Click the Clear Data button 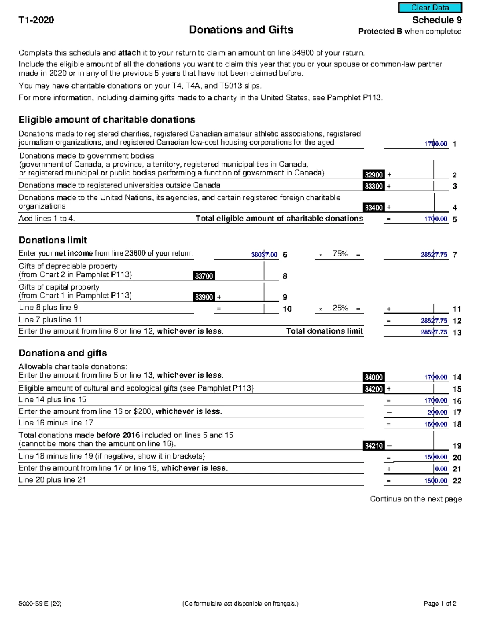click(x=430, y=8)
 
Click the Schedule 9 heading click(x=437, y=20)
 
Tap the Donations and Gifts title click(x=241, y=30)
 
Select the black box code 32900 click(x=374, y=175)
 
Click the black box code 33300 click(x=374, y=186)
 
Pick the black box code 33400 click(x=374, y=207)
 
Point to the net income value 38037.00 click(x=264, y=254)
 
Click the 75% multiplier click(x=340, y=254)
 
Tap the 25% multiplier click(x=340, y=308)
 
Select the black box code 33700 click(x=204, y=276)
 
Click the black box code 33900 click(x=204, y=297)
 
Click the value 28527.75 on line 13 click(x=434, y=332)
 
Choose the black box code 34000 click(x=374, y=377)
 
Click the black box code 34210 click(x=374, y=446)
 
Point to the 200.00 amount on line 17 click(x=437, y=412)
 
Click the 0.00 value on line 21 click(x=441, y=469)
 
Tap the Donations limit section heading click(x=53, y=240)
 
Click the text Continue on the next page click(x=416, y=499)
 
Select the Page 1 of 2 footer click(x=440, y=604)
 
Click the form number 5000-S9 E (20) click(x=40, y=604)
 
